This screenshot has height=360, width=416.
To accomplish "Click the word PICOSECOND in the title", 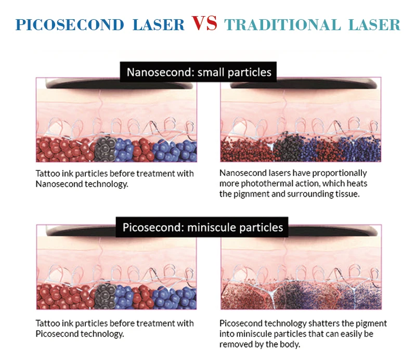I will pos(68,24).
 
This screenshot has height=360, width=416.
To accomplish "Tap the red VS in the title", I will pos(204,23).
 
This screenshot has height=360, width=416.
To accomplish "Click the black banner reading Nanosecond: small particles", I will pos(198,72).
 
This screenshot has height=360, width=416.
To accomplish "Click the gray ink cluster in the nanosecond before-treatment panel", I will pos(106,149).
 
